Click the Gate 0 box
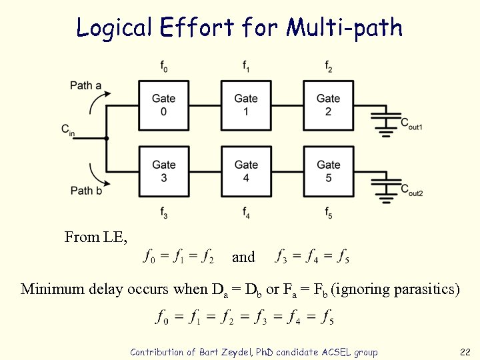click(164, 105)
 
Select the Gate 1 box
click(246, 105)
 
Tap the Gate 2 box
click(328, 105)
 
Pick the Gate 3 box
click(164, 171)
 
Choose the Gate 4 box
click(246, 171)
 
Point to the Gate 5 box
click(328, 171)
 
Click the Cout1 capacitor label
click(411, 123)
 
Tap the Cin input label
click(68, 129)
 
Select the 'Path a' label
click(86, 85)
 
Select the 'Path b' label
click(86, 191)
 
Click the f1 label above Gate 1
click(246, 66)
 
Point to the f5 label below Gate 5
click(329, 213)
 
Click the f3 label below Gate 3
click(164, 213)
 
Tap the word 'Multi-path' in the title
click(344, 27)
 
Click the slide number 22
click(465, 351)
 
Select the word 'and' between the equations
click(243, 257)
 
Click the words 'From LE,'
click(96, 237)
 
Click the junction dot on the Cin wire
click(107, 138)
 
